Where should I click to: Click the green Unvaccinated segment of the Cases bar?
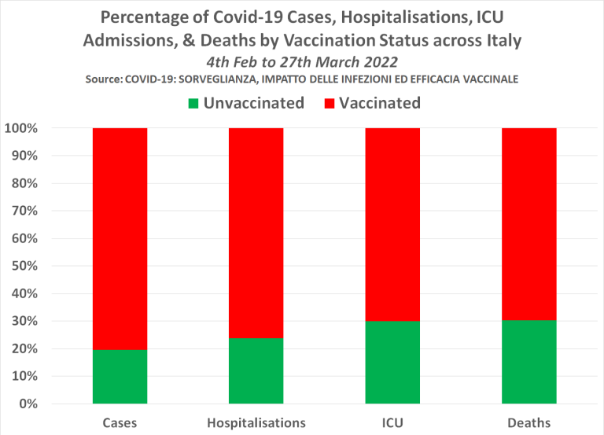point(120,377)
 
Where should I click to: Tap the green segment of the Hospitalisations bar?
point(256,370)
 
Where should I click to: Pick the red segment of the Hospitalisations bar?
point(256,233)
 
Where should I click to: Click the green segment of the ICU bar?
point(392,363)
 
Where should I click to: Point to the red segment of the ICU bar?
point(392,224)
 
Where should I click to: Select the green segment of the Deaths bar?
point(529,362)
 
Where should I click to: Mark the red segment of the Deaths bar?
point(529,223)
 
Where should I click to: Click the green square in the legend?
point(193,103)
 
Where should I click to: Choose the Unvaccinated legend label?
point(253,103)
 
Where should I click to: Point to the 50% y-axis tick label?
point(23,266)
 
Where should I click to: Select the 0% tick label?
point(26,404)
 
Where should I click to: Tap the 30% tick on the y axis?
point(23,321)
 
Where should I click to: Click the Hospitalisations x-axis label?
point(256,423)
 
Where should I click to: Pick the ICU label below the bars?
point(392,423)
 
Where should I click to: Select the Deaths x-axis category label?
point(529,423)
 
